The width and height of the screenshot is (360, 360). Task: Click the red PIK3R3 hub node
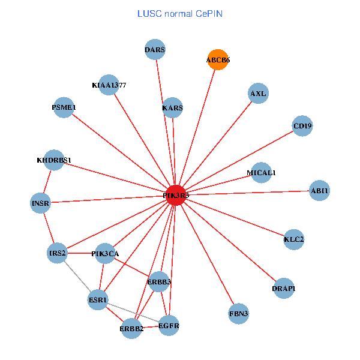click(176, 195)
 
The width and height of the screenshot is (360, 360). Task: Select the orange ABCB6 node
click(218, 59)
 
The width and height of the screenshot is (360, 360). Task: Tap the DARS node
click(155, 49)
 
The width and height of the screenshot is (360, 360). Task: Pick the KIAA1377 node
click(109, 85)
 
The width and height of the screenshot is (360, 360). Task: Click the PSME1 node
click(64, 107)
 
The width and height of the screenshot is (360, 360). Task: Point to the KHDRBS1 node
click(54, 160)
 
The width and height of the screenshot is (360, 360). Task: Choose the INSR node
click(41, 203)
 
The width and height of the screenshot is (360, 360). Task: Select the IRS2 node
click(58, 253)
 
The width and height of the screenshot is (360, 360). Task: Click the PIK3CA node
click(105, 253)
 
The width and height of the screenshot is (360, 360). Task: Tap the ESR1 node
click(98, 299)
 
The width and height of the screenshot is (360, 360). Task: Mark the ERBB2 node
click(131, 328)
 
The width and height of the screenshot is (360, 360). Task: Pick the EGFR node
click(169, 326)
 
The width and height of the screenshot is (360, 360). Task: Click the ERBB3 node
click(159, 281)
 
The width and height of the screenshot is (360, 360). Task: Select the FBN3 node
click(239, 314)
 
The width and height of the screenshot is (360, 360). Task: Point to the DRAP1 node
click(284, 289)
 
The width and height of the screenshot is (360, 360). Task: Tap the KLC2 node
click(294, 239)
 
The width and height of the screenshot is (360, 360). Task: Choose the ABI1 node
click(320, 191)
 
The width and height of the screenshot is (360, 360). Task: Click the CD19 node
click(302, 126)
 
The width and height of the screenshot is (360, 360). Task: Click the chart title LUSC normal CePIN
click(180, 13)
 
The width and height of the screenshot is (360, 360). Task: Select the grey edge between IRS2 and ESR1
click(78, 277)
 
